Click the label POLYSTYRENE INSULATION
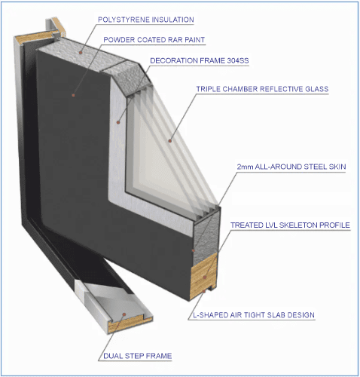coord(146,20)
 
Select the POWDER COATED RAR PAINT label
coord(154,40)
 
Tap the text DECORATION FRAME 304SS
coord(200,60)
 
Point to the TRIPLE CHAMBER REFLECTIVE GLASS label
coord(262,89)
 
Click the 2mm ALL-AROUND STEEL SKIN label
coord(291,167)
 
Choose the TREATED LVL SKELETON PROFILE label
coord(290,225)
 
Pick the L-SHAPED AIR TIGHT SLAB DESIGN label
coord(254,315)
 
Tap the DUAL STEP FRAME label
coord(138,356)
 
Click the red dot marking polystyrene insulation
coord(81,53)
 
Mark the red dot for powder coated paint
coord(73,95)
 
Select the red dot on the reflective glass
coord(170,141)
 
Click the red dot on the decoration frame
coord(118,122)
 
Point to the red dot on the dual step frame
coord(124,314)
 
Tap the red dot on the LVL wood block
coord(205,277)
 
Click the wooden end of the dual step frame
coord(130,326)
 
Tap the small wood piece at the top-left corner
coord(61,27)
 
